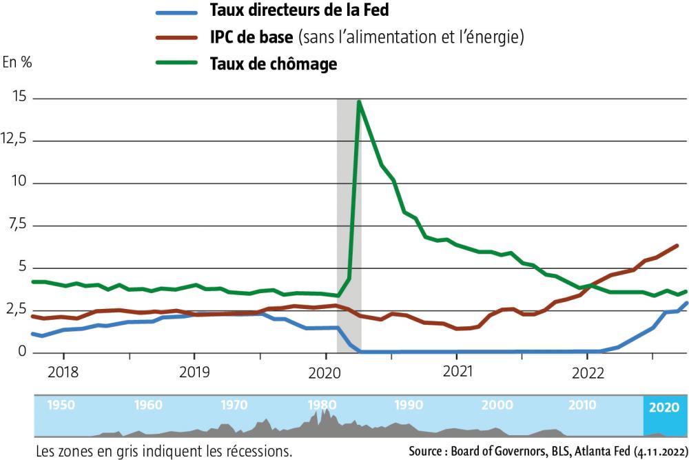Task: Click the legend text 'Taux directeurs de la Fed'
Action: [299, 11]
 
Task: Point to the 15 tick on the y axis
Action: [19, 98]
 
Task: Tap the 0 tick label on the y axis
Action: [21, 352]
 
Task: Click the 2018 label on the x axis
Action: [63, 372]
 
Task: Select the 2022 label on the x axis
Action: [587, 372]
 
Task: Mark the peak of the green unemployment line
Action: [359, 102]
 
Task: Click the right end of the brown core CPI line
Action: [677, 246]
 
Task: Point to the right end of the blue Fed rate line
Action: [687, 303]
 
